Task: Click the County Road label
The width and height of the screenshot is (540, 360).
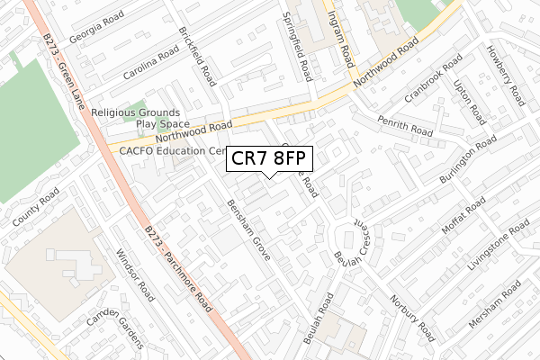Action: click(35, 206)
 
